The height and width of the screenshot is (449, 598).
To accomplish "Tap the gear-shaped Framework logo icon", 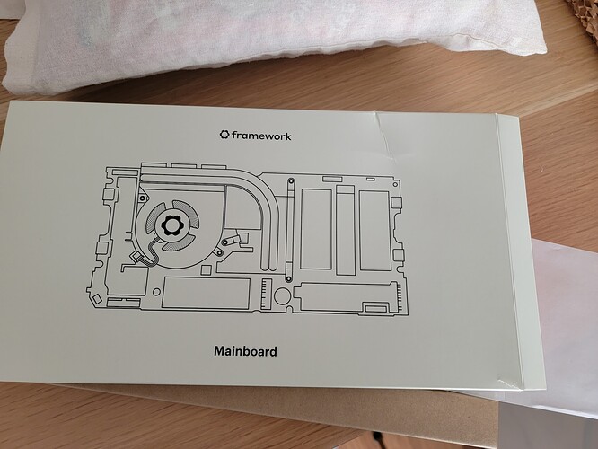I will pos(224,135).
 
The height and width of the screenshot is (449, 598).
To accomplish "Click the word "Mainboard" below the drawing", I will pos(246,350).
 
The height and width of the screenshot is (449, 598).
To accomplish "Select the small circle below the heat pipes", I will pos(281,295).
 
